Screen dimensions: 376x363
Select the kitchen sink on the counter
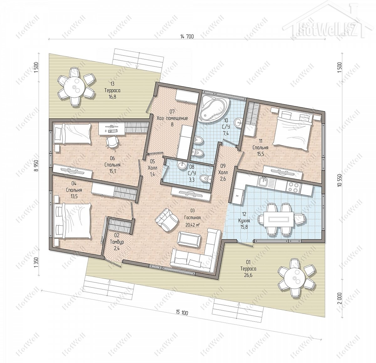coord(263,181)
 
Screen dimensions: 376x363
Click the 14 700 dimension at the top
coord(187,37)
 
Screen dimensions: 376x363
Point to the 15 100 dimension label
coord(182,312)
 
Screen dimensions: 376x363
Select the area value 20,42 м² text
coord(192,225)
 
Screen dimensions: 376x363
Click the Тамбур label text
coord(117,242)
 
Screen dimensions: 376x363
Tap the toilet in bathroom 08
coord(205,178)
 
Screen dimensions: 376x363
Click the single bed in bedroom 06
coord(72,134)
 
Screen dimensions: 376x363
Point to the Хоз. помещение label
coord(172,118)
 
